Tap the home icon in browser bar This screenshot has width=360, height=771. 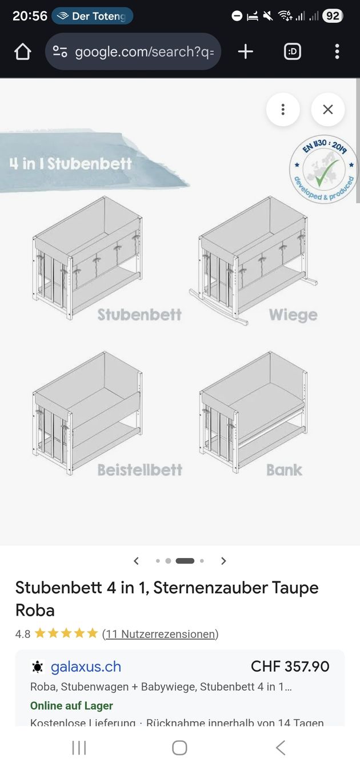point(23,52)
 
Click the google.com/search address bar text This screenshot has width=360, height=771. point(144,52)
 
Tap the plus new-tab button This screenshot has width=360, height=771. point(245,52)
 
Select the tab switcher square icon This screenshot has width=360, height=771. point(292,52)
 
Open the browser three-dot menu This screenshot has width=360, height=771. point(337,52)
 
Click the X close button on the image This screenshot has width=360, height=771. point(327,109)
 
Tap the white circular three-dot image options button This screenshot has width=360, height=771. point(283,109)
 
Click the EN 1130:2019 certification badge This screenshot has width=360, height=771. point(323,169)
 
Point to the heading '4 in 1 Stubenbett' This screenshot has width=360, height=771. point(71,164)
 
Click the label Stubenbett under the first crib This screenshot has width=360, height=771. point(139,315)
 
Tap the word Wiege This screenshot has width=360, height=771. point(293,315)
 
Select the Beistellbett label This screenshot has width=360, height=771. point(139,470)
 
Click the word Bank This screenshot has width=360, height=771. point(284,470)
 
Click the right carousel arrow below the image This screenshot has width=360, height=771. point(223,561)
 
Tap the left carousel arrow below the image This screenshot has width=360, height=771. point(136,561)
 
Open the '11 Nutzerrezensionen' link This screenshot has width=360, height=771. point(160,634)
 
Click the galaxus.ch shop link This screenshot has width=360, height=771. point(86,667)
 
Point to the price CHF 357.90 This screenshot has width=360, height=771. point(290,666)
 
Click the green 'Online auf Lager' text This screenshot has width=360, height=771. point(71,706)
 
